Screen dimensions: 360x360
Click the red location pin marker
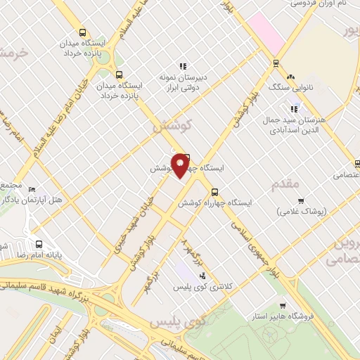(181, 164)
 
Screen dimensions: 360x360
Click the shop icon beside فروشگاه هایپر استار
(283, 306)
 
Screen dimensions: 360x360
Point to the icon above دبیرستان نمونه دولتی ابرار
(184, 66)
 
